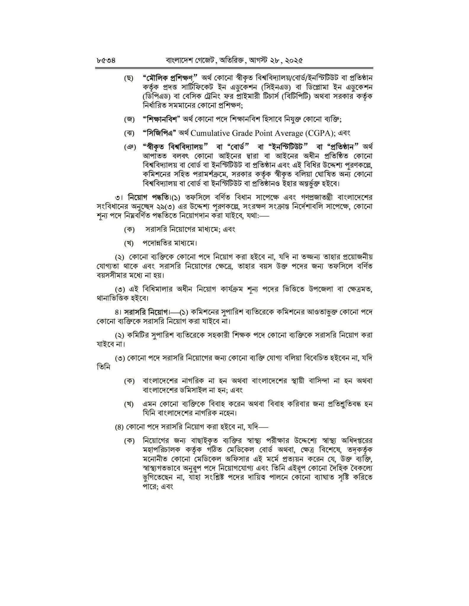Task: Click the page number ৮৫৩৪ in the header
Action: pos(106,61)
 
